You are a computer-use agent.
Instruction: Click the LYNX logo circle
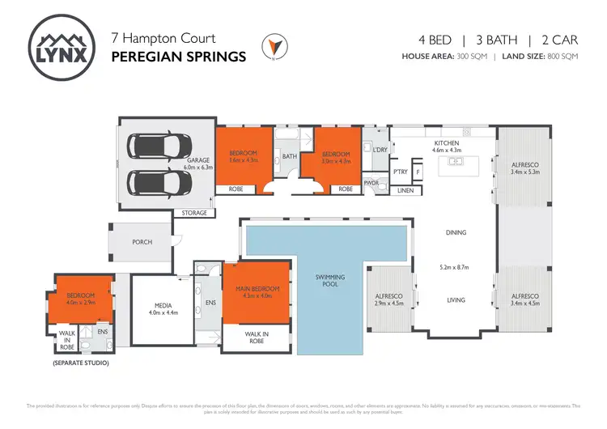62,47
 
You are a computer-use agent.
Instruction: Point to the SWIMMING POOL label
330,282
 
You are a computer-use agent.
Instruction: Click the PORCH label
142,241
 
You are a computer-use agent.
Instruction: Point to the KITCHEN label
446,142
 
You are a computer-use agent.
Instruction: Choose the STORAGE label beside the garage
194,214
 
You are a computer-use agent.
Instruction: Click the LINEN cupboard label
405,190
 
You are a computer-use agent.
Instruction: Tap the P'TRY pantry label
400,172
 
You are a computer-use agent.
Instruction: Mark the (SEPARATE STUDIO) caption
79,363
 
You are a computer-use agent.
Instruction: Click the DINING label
456,233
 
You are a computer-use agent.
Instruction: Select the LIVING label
456,300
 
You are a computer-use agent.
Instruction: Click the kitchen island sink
456,161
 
